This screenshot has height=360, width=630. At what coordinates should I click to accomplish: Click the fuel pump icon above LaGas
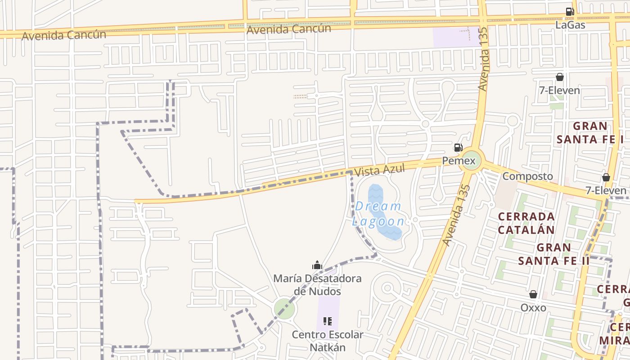[x=570, y=12]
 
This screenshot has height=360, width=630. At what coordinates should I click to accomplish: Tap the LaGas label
[x=570, y=25]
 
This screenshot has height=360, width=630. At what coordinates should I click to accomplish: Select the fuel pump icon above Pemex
[x=458, y=147]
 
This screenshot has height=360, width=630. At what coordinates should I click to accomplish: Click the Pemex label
[x=459, y=161]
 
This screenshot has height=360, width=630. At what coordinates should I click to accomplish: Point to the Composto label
[x=527, y=176]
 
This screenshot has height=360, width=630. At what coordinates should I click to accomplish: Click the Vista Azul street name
[x=379, y=170]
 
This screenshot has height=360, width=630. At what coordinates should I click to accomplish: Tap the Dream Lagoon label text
[x=378, y=214]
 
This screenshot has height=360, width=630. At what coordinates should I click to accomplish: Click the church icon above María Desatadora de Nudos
[x=317, y=265]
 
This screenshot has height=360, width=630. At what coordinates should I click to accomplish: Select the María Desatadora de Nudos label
[x=317, y=284]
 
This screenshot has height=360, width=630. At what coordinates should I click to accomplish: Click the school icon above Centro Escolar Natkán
[x=328, y=321]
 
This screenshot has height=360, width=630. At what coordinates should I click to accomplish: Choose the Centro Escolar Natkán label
[x=327, y=341]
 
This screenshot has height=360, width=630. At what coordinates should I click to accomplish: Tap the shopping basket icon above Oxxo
[x=533, y=294]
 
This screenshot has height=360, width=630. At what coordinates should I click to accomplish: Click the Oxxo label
[x=533, y=308]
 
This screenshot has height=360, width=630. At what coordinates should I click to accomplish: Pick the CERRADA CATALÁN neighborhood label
[x=526, y=223]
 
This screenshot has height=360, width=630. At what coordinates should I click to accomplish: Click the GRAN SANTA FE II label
[x=553, y=254]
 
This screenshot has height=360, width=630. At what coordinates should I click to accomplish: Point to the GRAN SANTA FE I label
[x=590, y=132]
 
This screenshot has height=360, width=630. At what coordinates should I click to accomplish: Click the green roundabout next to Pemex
[x=471, y=160]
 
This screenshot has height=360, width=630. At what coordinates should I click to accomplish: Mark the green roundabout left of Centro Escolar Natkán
[x=284, y=309]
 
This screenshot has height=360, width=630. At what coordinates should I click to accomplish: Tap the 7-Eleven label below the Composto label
[x=606, y=190]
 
